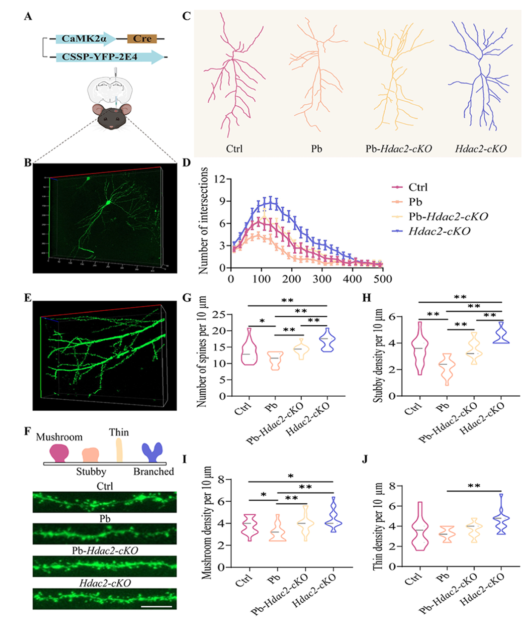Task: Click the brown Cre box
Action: coord(142,39)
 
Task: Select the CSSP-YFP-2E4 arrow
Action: coord(106,57)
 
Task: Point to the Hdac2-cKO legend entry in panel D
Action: coord(439,231)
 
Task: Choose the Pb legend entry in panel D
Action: coord(415,202)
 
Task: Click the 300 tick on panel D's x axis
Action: coord(322,279)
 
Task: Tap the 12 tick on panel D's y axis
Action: coord(219,179)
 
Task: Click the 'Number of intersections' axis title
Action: coord(203,220)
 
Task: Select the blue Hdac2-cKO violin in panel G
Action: coord(328,340)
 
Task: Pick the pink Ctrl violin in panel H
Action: coord(420,348)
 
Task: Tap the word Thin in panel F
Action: coord(119,432)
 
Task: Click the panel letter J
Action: coord(365,460)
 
